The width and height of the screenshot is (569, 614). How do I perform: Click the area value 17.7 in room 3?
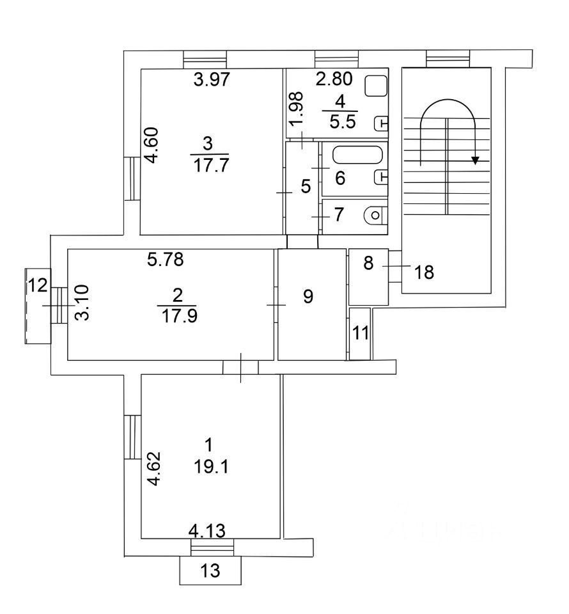[211, 165]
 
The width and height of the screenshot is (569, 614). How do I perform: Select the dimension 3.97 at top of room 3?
[212, 80]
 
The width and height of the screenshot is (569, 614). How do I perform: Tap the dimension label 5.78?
[166, 259]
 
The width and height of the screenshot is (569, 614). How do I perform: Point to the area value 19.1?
[212, 467]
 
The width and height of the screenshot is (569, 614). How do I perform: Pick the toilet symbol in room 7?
[375, 215]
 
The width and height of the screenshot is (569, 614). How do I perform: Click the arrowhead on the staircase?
[475, 160]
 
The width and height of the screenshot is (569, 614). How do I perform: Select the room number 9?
[308, 296]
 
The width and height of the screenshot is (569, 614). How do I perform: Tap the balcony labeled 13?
[210, 571]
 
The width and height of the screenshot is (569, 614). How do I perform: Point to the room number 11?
[361, 333]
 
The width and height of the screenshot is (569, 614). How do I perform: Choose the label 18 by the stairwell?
[424, 272]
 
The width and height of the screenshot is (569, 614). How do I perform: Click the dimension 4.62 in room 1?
[155, 469]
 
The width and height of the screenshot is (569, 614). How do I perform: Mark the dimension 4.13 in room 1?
[207, 531]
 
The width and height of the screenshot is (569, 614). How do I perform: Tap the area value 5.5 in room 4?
[343, 122]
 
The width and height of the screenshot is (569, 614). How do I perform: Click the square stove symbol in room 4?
[376, 86]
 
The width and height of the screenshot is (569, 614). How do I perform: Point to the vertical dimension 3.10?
[83, 303]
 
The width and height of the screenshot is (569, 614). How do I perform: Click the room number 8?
[368, 263]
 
